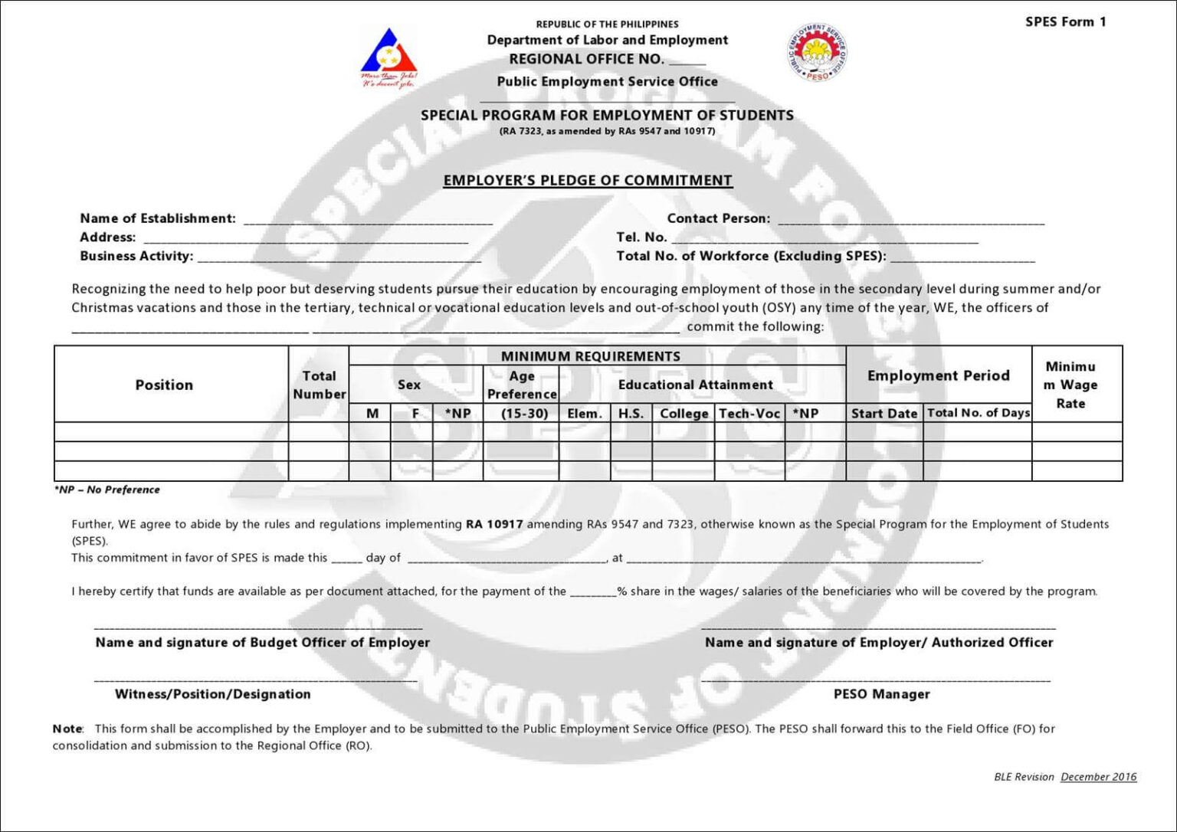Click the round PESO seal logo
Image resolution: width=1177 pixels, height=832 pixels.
pyautogui.click(x=817, y=52)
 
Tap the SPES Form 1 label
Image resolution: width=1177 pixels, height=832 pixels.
pyautogui.click(x=1065, y=21)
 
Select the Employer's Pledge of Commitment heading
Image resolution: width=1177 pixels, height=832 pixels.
pyautogui.click(x=588, y=180)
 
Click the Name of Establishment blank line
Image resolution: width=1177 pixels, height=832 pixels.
pyautogui.click(x=368, y=221)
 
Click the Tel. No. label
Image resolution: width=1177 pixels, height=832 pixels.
pyautogui.click(x=641, y=237)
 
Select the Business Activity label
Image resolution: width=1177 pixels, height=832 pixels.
pyautogui.click(x=136, y=256)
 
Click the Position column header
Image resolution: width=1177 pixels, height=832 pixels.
pyautogui.click(x=164, y=385)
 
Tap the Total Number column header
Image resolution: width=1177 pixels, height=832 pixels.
pyautogui.click(x=319, y=385)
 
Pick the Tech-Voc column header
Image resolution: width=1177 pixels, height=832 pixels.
pyautogui.click(x=749, y=413)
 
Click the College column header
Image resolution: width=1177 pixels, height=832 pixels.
pyautogui.click(x=684, y=413)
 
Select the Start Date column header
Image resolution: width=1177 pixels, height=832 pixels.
pyautogui.click(x=884, y=413)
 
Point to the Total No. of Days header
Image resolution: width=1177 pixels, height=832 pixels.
pyautogui.click(x=978, y=413)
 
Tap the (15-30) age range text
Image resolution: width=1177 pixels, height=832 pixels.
pyautogui.click(x=524, y=413)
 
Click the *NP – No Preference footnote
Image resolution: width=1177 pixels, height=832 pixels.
pyautogui.click(x=107, y=490)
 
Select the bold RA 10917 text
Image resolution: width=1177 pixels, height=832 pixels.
pyautogui.click(x=494, y=525)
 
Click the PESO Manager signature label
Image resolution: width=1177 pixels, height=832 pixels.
pyautogui.click(x=881, y=694)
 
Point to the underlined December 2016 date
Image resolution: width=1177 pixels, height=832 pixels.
pyautogui.click(x=1098, y=777)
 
